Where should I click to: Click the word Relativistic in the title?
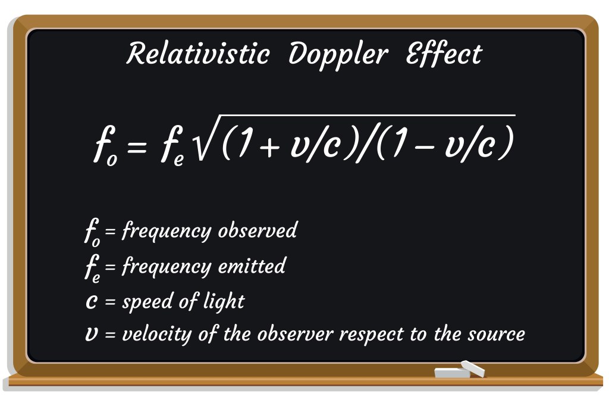[197, 55]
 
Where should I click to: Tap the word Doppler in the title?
[337, 55]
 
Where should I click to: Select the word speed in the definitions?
[145, 302]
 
